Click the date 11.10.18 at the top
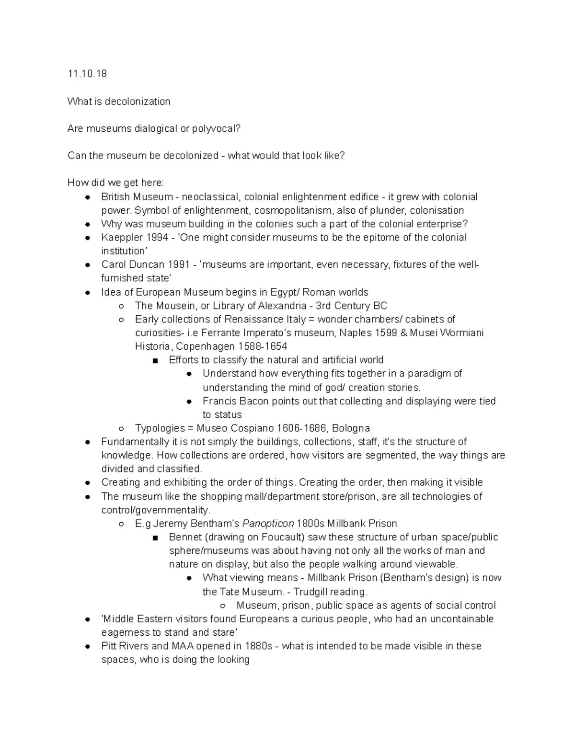(x=87, y=74)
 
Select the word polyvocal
(x=216, y=128)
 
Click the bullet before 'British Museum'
(x=88, y=197)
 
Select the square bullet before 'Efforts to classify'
(x=155, y=361)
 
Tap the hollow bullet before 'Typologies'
(x=121, y=429)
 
